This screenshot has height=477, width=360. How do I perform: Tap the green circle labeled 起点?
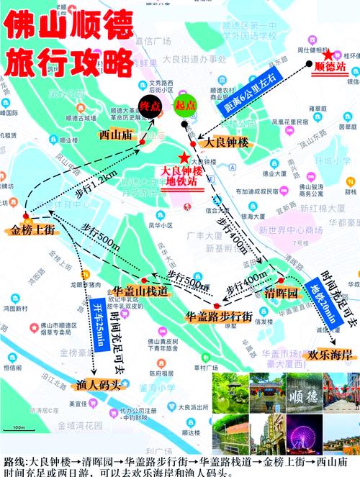186,105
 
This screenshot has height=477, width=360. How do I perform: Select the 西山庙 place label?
118,135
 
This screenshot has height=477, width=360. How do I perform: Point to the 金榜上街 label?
32,230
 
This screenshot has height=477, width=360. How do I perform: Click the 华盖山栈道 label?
141,291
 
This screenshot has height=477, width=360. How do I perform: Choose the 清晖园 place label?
282,295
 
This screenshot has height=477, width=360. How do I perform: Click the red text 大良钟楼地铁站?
184,176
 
